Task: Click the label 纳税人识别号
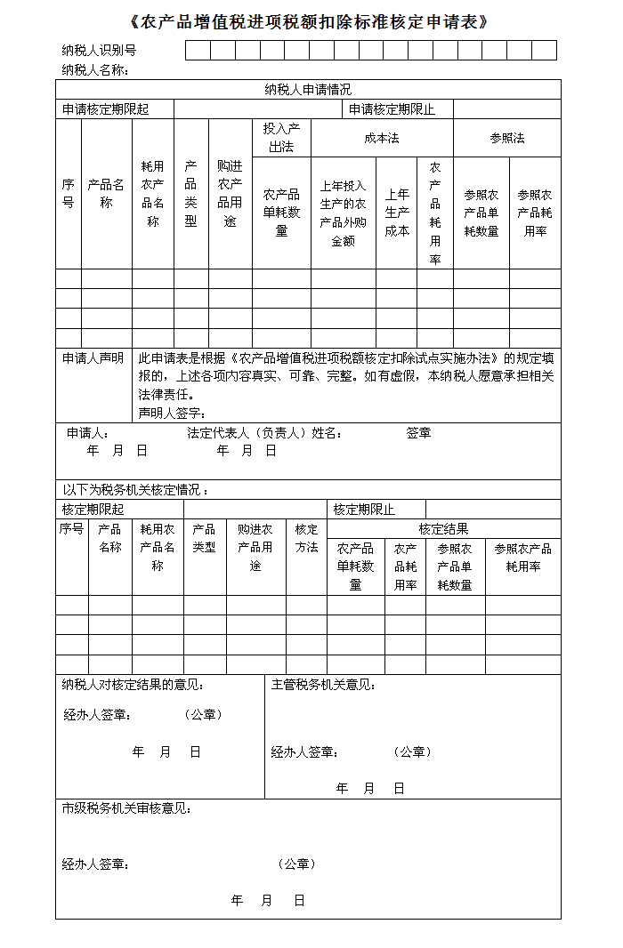pos(99,51)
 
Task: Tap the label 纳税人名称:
pos(95,69)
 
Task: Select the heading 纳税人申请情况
pos(308,90)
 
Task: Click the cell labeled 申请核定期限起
pos(105,109)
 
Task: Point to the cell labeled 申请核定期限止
pos(392,109)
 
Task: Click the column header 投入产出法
pos(281,138)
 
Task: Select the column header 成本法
pos(382,138)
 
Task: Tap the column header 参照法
pos(507,138)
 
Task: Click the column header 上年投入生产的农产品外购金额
pos(343,213)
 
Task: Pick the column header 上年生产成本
pos(396,213)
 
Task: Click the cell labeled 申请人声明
pos(93,358)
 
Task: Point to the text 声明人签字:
pos(173,413)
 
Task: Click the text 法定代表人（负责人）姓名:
pos(265,433)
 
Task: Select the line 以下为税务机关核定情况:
pos(135,490)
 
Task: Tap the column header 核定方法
pos(306,538)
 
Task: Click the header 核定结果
pos(443,529)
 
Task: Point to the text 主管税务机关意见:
pos(323,685)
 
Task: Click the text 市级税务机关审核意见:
pos(126,808)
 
